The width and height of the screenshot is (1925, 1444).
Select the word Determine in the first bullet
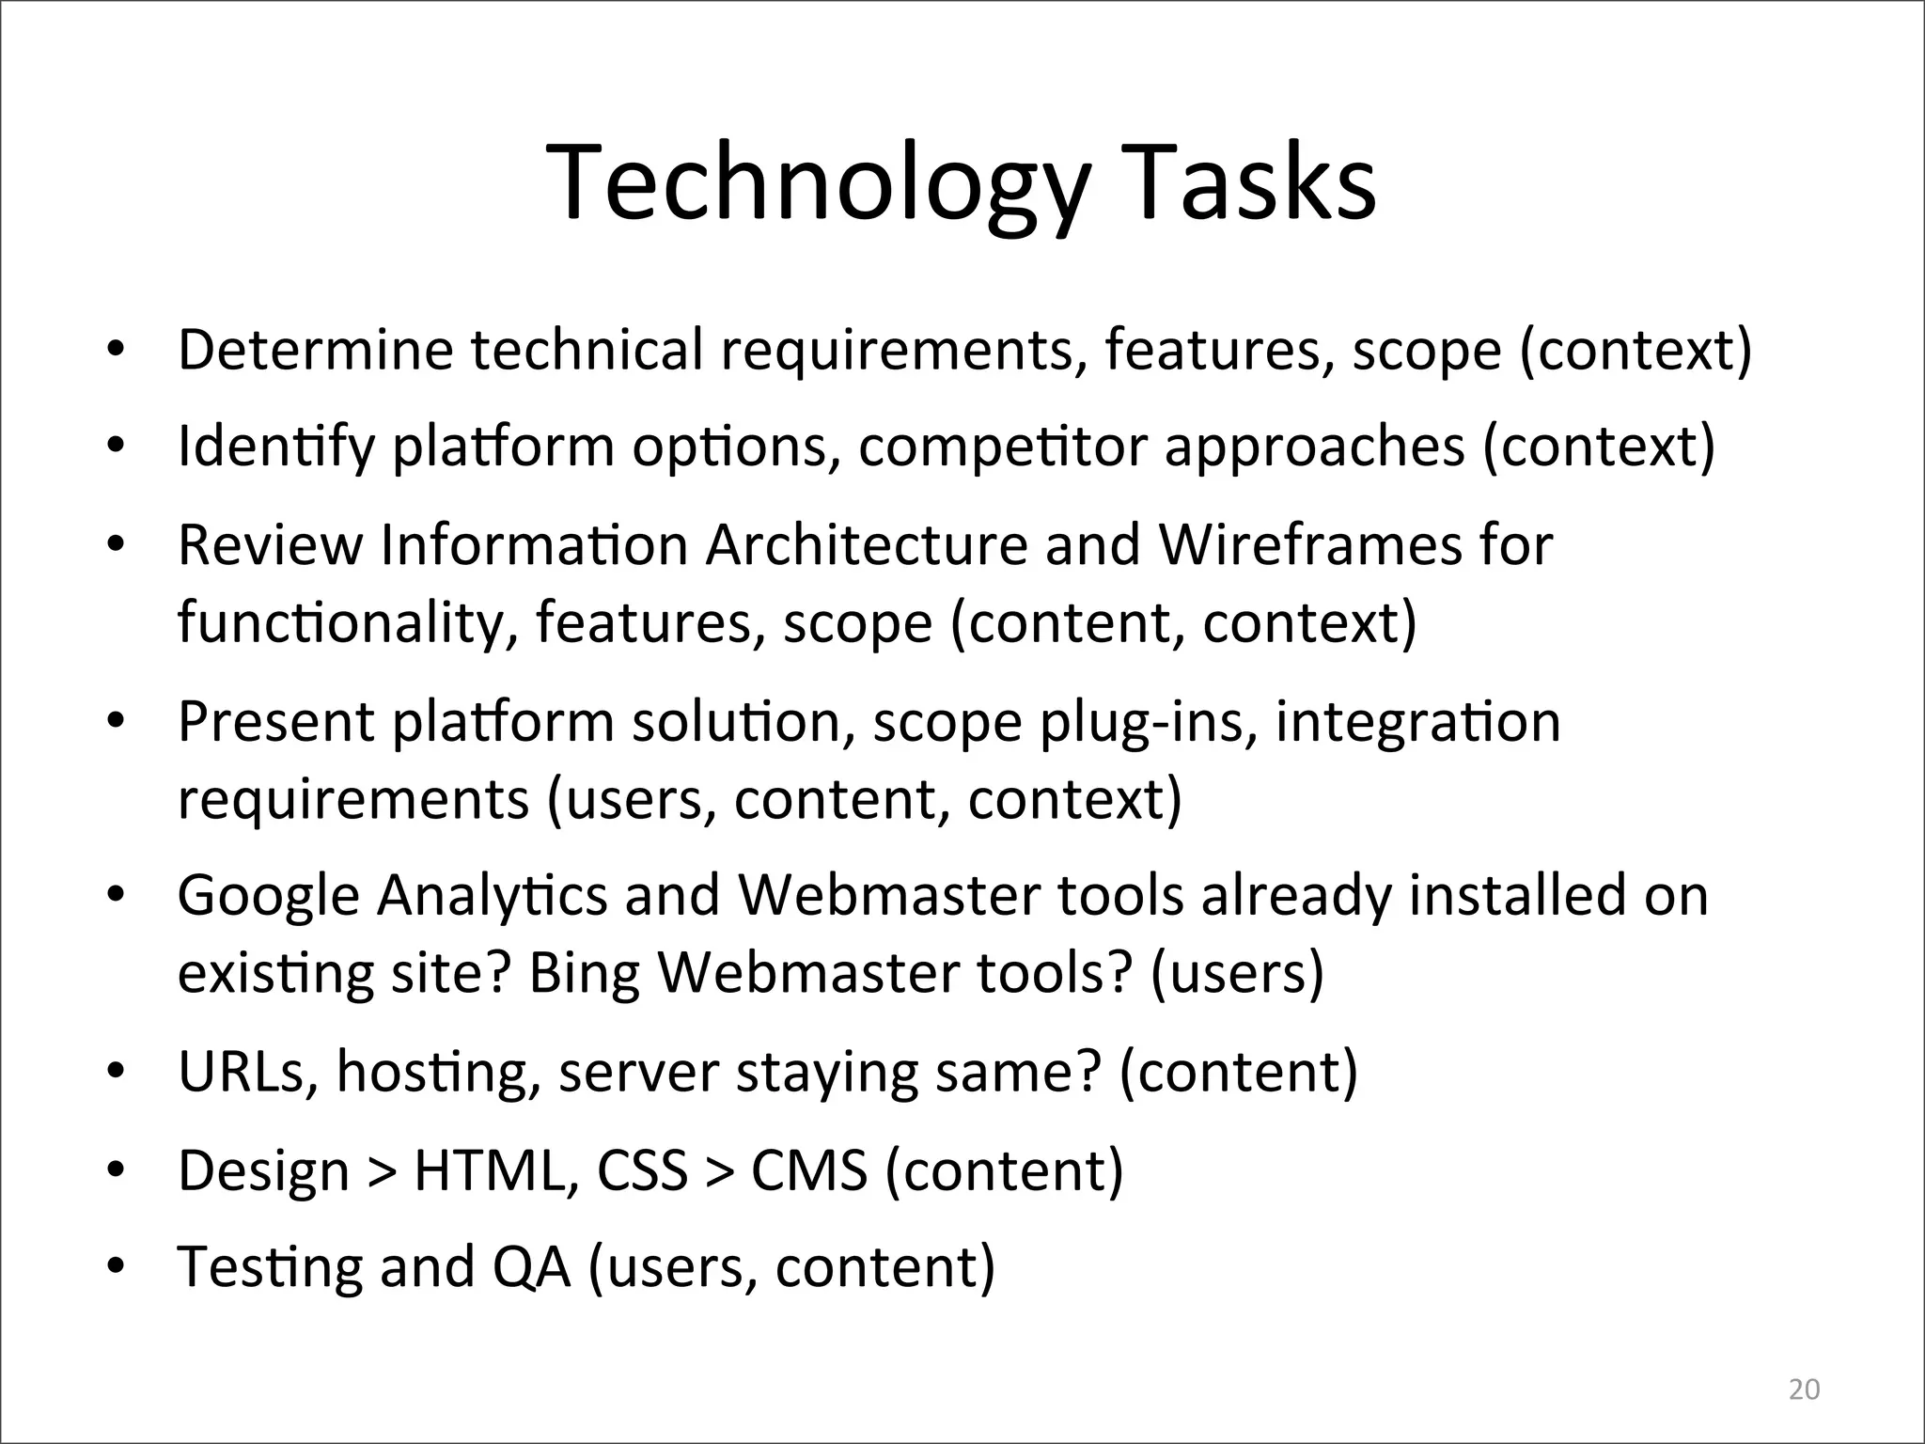[315, 350]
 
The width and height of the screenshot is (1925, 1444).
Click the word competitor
[1002, 447]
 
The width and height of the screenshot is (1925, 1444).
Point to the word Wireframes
[1309, 545]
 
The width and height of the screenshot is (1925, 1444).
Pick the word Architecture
[866, 545]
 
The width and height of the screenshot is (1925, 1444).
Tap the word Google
[269, 897]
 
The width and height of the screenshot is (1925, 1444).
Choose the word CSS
[642, 1171]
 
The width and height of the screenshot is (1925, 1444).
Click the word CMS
[808, 1171]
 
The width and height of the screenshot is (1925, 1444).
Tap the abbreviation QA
[531, 1267]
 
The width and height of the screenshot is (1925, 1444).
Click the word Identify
[275, 447]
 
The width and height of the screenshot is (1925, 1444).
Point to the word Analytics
[492, 897]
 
